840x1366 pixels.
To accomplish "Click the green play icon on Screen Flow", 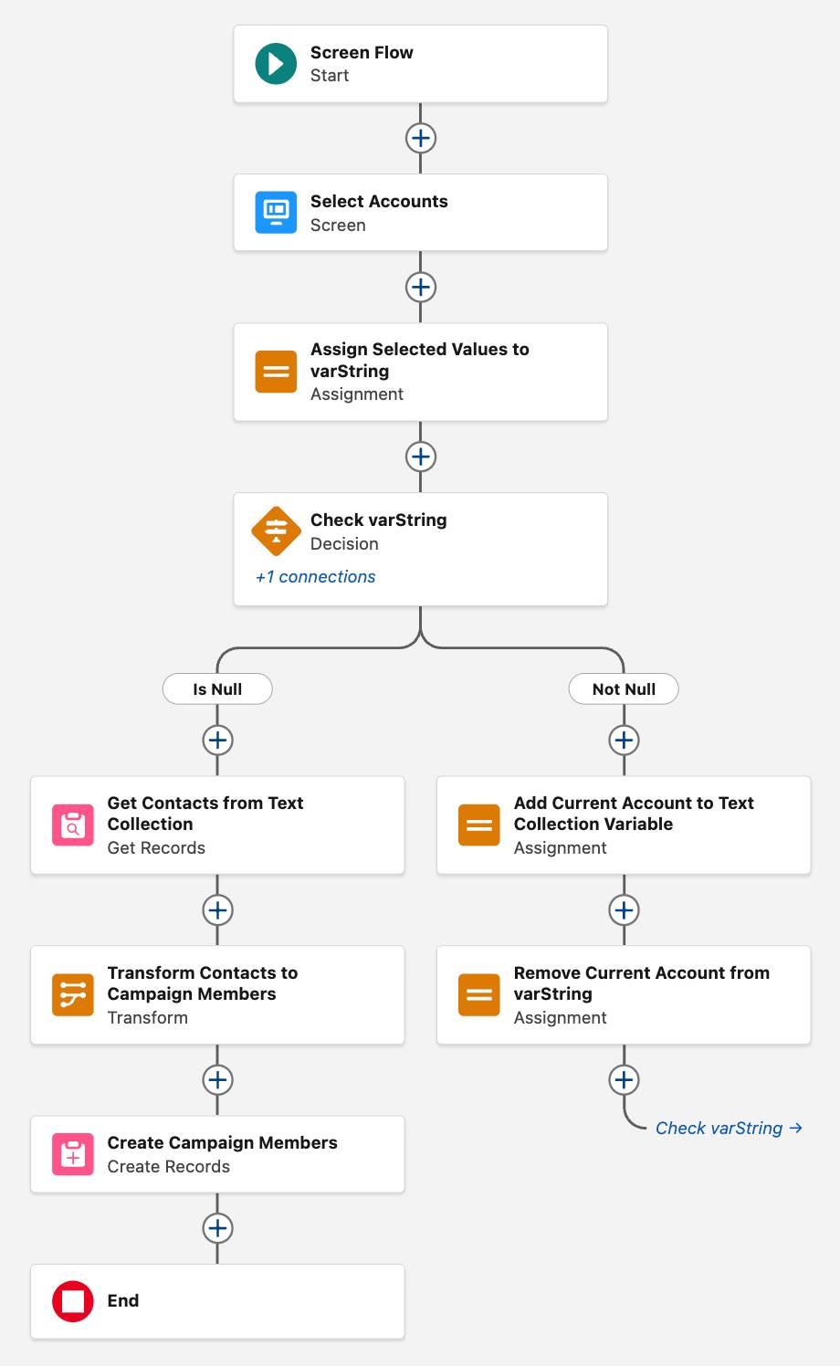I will click(276, 64).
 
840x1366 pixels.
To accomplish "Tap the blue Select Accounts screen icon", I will click(276, 213).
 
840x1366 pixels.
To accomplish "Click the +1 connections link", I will click(316, 577).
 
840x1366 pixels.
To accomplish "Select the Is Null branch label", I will click(217, 689).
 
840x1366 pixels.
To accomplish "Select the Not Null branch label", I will click(624, 689).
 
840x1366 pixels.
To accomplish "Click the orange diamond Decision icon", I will click(276, 531).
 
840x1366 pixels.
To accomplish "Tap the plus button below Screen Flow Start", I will click(420, 138).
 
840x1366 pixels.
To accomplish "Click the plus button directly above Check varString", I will click(420, 457).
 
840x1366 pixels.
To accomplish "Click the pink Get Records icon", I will click(73, 825).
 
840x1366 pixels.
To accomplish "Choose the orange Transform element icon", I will click(73, 995).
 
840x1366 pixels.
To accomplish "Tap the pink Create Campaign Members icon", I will click(73, 1154).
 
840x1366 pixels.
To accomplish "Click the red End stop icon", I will click(73, 1301).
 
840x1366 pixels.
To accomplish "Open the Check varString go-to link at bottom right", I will click(729, 1129).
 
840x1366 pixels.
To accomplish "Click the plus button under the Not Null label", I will click(624, 741).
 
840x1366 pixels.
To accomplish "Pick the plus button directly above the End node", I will click(217, 1228).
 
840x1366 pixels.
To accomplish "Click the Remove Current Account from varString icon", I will click(479, 995).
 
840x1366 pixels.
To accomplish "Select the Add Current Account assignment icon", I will click(479, 825).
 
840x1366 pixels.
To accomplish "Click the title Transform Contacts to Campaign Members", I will click(202, 983).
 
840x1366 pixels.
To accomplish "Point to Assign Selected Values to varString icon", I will click(276, 372).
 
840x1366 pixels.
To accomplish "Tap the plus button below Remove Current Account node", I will click(624, 1080).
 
